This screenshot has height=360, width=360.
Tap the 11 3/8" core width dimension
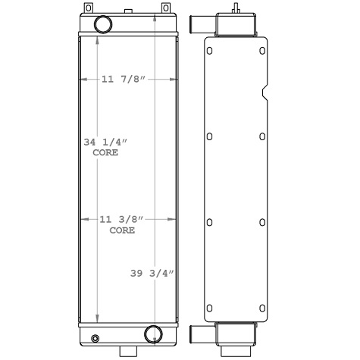121,219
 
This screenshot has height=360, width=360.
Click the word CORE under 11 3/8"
121,230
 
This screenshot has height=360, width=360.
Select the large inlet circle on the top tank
102,25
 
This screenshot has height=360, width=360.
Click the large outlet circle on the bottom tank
153,334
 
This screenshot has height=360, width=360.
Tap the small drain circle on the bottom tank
95,338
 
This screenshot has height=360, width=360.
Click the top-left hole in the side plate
210,52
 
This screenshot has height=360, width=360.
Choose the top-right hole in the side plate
261,52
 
